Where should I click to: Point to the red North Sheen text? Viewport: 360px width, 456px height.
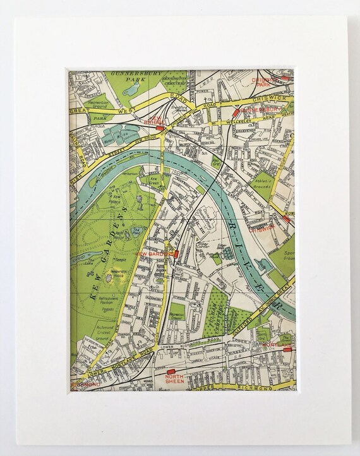point(174,378)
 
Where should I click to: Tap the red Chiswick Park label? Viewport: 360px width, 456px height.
point(263,82)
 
